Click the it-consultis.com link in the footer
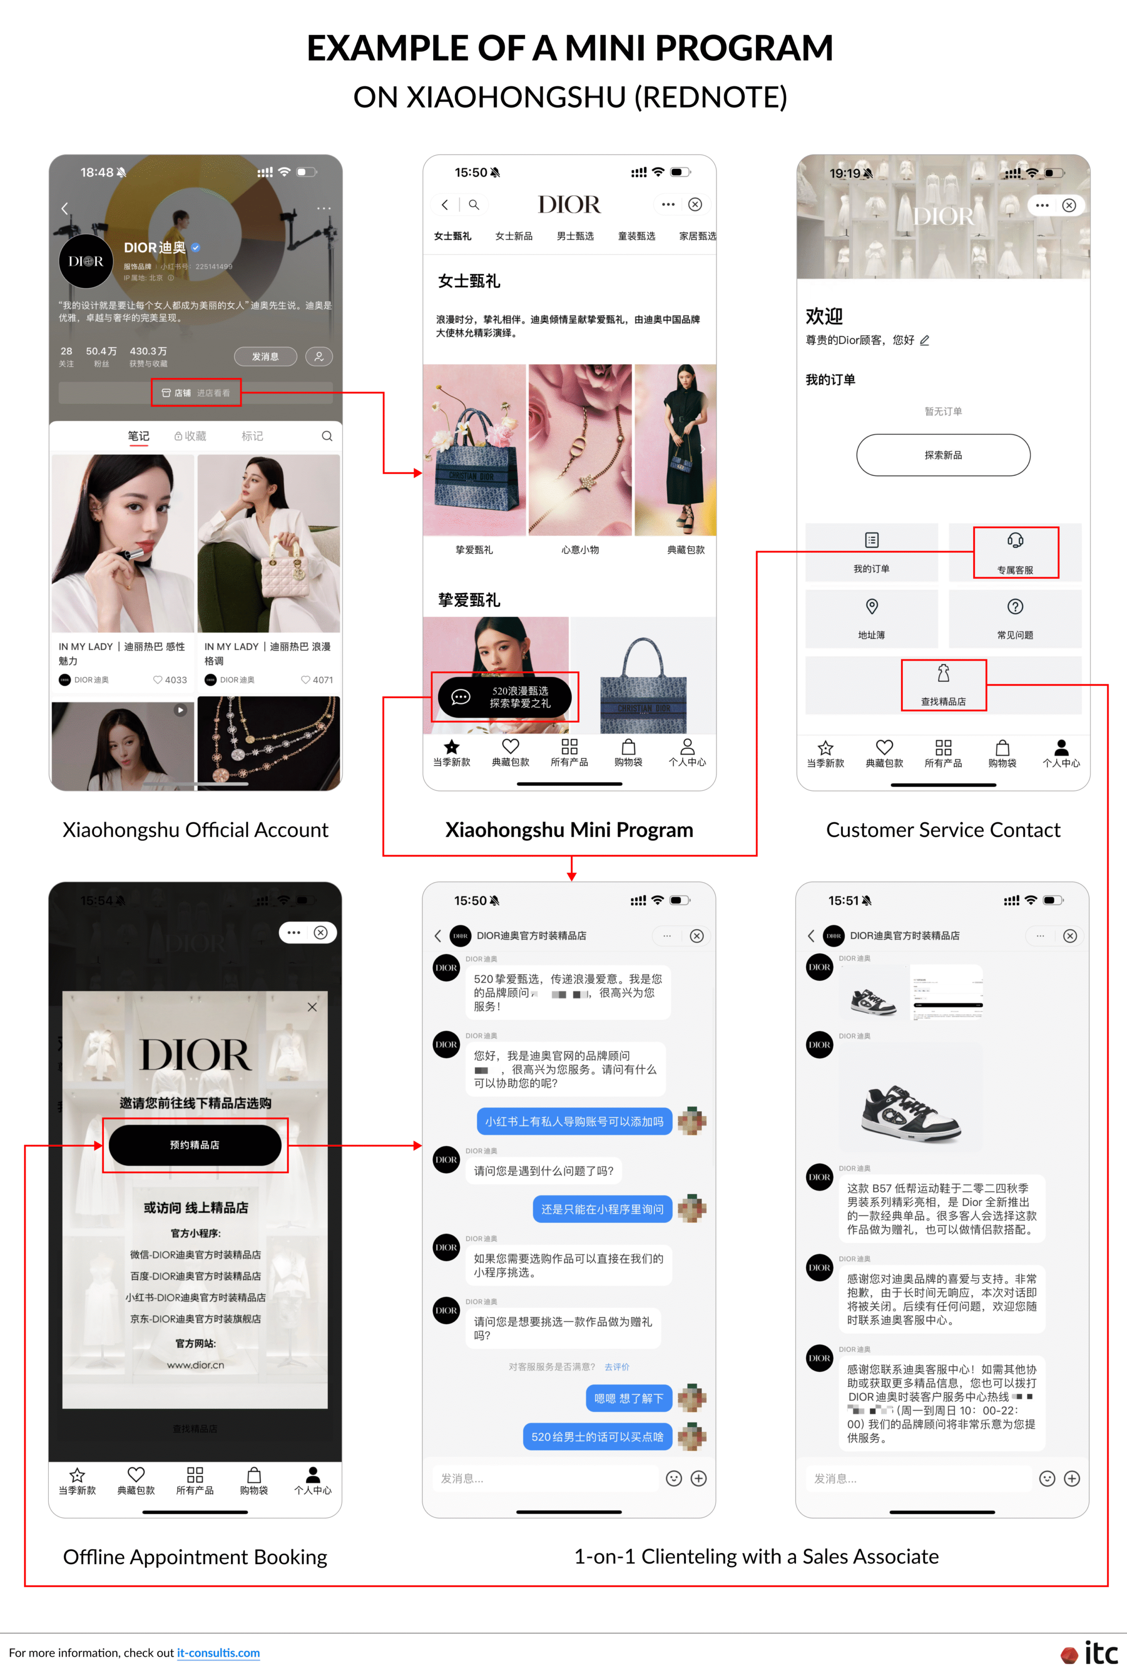click(218, 1652)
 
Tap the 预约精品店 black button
click(195, 1145)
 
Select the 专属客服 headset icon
click(1015, 541)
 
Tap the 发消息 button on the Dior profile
click(265, 356)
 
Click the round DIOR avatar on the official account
click(86, 262)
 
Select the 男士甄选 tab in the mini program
click(575, 236)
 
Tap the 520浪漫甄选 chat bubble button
click(505, 696)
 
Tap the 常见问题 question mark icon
click(1015, 607)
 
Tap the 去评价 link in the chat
click(617, 1367)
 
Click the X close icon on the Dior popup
click(312, 1007)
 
